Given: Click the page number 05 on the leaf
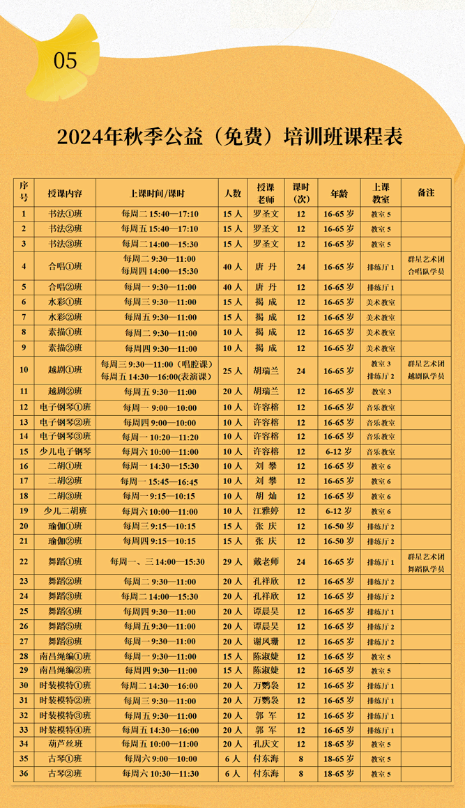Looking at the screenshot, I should [66, 61].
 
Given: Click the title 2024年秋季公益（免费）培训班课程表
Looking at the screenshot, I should [230, 137].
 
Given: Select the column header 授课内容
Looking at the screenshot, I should [65, 193].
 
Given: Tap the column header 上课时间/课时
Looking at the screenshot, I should [157, 193].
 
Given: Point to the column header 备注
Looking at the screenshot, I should [426, 193].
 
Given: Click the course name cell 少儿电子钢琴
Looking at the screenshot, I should [65, 452].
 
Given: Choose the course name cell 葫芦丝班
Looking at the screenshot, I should [65, 745].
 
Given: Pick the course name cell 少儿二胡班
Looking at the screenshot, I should [65, 511].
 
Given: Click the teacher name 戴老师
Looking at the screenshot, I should [266, 562].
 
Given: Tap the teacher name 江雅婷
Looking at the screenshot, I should [266, 511].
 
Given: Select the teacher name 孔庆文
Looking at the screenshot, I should [266, 745].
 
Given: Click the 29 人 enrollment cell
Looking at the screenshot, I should [232, 562].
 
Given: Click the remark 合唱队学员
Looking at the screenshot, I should [426, 272].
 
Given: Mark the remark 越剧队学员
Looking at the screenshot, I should [426, 377].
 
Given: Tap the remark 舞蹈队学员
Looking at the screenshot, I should [426, 569].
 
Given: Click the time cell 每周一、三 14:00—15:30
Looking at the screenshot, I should [157, 562].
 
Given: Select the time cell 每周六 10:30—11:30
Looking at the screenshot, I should [157, 774].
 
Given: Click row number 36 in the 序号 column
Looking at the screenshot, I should [24, 774].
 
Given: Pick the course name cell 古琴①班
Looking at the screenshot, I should [65, 759].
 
